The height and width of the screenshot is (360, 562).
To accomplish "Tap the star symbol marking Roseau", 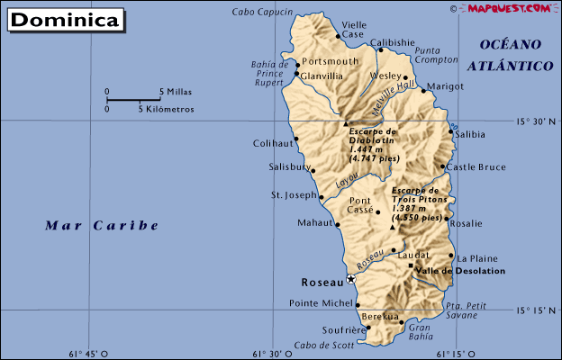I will (x=351, y=280).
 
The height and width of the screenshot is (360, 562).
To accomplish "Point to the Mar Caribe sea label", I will (x=101, y=226).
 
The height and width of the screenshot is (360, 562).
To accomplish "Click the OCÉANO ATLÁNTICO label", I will (x=510, y=55).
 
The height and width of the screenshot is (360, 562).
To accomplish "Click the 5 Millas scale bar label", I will (x=176, y=92).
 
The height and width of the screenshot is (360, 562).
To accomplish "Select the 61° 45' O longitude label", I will (x=80, y=353).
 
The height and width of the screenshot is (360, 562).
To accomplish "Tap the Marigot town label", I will (x=445, y=86).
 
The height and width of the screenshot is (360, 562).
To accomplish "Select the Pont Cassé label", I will (x=360, y=204).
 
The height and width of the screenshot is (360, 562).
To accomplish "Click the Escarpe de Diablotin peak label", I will (x=372, y=144).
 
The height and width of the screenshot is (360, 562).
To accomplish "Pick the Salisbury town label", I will (x=289, y=166).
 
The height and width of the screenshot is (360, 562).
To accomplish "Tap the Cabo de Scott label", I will (x=323, y=346).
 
